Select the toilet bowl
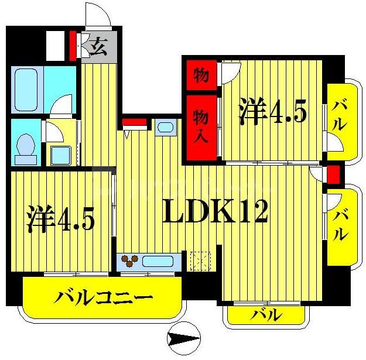tap(25, 146)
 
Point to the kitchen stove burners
tap(128, 260)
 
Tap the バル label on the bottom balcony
tap(266, 314)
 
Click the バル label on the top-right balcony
tap(338, 115)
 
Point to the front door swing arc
tap(97, 15)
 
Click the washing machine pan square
tap(61, 155)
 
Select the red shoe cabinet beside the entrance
tap(73, 46)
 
